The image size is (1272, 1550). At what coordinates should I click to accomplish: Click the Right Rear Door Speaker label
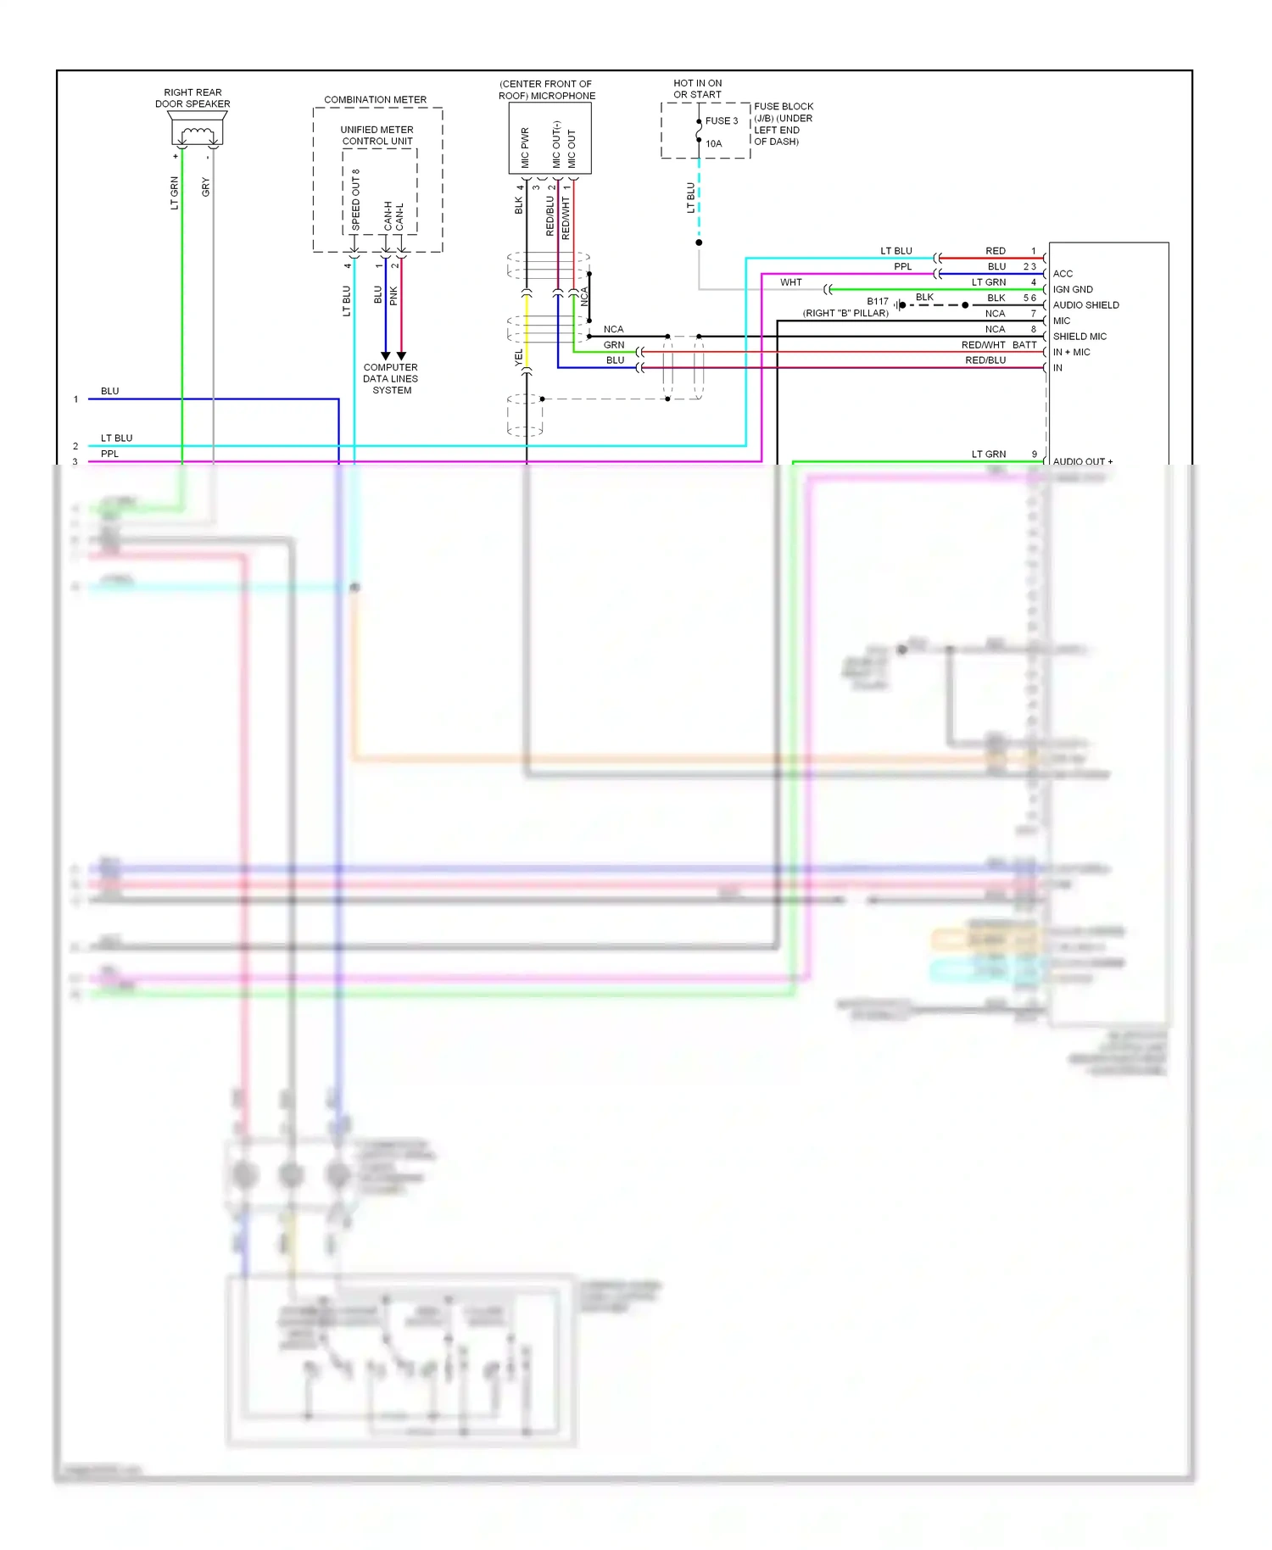coord(192,98)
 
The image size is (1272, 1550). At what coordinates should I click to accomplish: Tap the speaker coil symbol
coord(197,133)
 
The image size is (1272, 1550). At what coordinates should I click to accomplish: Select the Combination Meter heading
coord(375,100)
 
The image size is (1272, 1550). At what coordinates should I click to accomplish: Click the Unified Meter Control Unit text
coord(377,136)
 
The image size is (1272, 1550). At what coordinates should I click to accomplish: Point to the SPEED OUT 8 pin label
coord(356,200)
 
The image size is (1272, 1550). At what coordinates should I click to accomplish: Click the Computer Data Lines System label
coord(391,379)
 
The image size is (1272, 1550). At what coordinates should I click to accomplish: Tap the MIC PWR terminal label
coord(525,148)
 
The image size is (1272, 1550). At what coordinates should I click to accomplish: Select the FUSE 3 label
coord(722,121)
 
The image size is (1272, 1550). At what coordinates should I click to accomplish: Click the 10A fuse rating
coord(714,144)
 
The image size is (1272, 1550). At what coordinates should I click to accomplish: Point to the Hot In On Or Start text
coord(698,89)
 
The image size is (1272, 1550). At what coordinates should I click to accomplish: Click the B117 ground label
coord(878,302)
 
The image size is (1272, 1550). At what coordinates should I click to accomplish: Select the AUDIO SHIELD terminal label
coord(1085,305)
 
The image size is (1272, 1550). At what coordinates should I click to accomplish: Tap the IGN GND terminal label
coord(1073,290)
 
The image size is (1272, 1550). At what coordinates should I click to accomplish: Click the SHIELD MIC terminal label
coord(1080,337)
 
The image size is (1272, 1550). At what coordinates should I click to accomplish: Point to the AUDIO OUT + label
coord(1082,461)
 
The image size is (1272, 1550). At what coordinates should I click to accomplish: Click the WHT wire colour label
coord(791,282)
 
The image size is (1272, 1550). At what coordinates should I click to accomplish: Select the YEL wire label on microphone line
coord(518,358)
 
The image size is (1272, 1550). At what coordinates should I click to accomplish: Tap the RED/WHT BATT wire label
coord(998,345)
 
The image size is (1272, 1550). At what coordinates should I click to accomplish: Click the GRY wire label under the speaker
coord(206,187)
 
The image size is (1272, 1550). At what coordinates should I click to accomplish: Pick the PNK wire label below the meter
coord(393,296)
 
